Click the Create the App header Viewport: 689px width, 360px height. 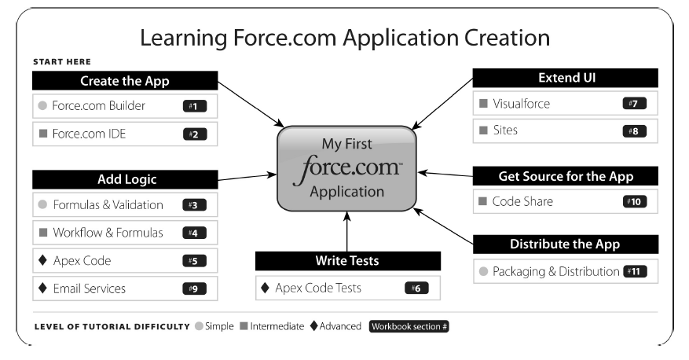pyautogui.click(x=125, y=81)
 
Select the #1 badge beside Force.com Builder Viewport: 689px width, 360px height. pyautogui.click(x=193, y=105)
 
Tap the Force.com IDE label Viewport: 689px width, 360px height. pyautogui.click(x=89, y=134)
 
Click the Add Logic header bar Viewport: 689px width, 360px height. pyautogui.click(x=125, y=179)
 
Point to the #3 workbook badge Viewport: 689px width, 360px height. pyautogui.click(x=193, y=204)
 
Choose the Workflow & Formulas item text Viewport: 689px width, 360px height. pyautogui.click(x=108, y=233)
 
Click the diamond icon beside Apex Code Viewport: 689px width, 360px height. pyautogui.click(x=42, y=260)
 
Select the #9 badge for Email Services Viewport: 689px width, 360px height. pyautogui.click(x=193, y=288)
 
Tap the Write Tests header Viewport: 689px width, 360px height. pyautogui.click(x=348, y=261)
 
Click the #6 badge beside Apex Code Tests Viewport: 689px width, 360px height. pyautogui.click(x=416, y=288)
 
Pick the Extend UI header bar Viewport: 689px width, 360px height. pyautogui.click(x=565, y=78)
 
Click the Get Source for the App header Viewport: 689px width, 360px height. pyautogui.click(x=565, y=176)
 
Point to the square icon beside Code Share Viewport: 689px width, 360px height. pyautogui.click(x=482, y=201)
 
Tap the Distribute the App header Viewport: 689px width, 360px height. pyautogui.click(x=565, y=244)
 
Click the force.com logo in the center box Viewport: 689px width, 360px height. pyautogui.click(x=346, y=167)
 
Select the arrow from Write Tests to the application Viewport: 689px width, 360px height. pyautogui.click(x=346, y=231)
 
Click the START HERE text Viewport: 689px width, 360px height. pyautogui.click(x=62, y=61)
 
